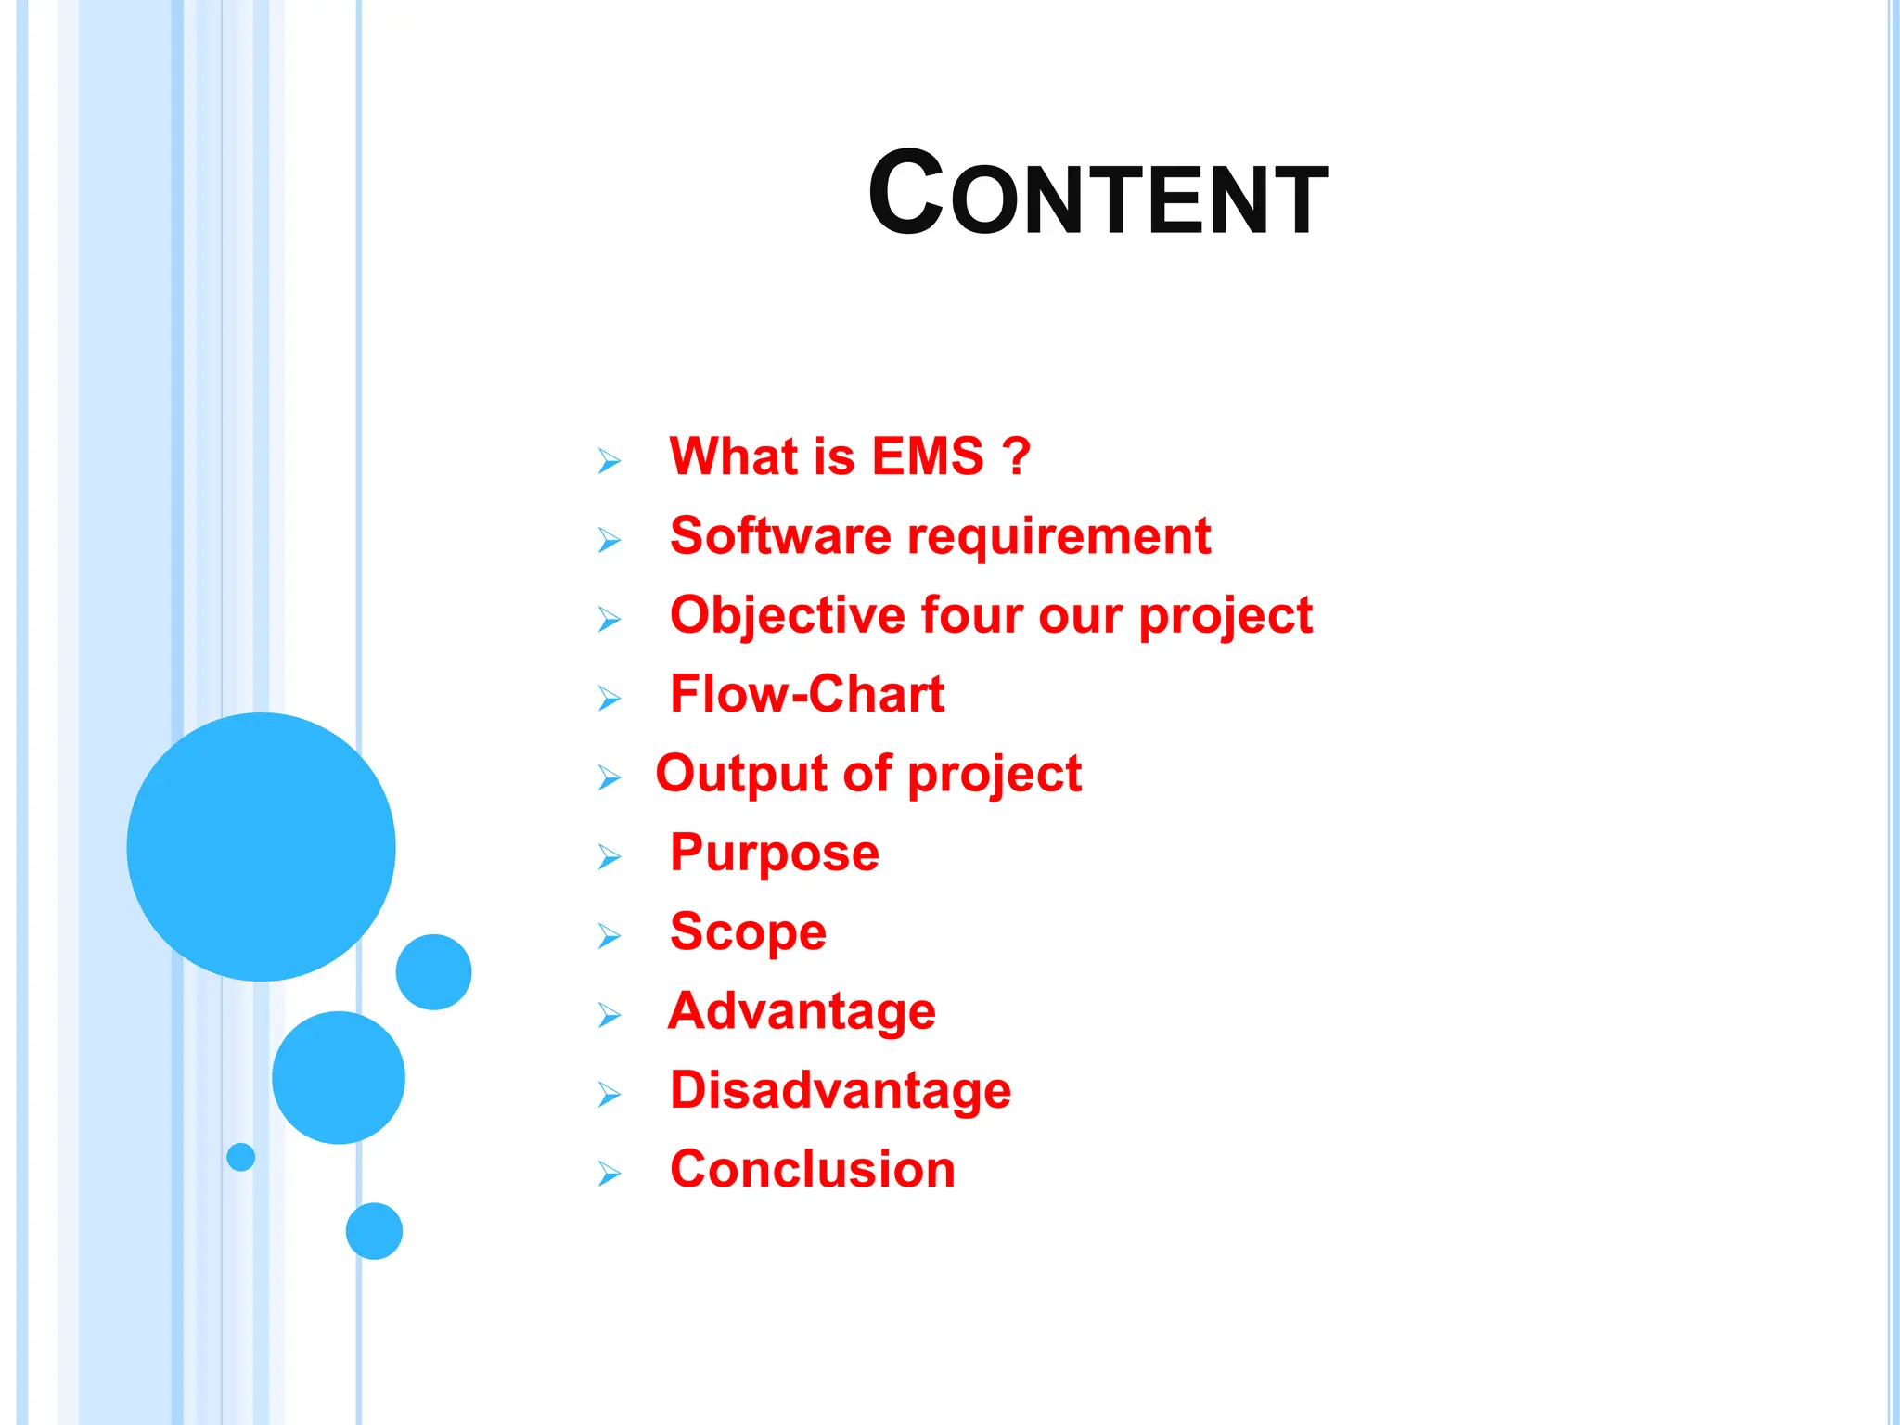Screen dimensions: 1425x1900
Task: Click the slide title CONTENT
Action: pos(1098,195)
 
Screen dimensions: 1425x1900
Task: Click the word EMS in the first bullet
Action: pos(927,456)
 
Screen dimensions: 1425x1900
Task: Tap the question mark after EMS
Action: pos(1017,456)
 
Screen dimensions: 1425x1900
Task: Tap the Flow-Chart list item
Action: pos(806,694)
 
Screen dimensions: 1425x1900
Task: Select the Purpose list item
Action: pos(774,854)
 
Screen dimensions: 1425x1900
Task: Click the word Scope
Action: pos(748,932)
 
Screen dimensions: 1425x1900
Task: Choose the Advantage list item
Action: pos(802,1012)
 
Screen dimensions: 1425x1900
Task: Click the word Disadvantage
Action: pos(840,1091)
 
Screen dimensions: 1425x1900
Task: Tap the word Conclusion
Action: pos(812,1169)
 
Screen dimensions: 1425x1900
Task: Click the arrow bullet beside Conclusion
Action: pos(609,1174)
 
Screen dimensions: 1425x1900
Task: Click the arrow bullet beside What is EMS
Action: pos(609,460)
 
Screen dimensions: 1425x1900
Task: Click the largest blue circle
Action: pos(261,846)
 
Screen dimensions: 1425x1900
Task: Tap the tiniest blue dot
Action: pos(240,1156)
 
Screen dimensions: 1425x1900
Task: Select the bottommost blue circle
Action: pos(374,1230)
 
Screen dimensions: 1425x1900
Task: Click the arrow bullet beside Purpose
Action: pos(609,856)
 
